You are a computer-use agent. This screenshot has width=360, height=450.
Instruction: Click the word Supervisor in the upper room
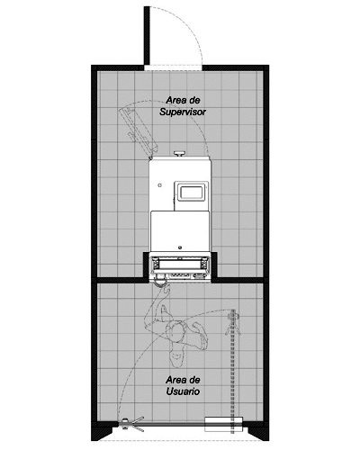coord(183,112)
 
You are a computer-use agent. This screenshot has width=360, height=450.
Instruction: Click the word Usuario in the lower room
coord(183,391)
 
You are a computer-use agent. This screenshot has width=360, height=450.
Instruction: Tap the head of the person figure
coord(177,332)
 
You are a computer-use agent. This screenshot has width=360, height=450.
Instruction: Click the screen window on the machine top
coord(192,192)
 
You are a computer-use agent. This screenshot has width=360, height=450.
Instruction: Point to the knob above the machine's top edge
coord(180,154)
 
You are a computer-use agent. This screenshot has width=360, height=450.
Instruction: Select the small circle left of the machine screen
coord(160,185)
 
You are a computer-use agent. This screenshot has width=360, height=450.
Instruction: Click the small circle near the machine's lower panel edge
coord(180,247)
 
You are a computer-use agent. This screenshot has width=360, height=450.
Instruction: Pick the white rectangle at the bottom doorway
coord(223,424)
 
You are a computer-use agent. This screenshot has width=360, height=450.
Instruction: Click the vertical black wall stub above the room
coord(147,35)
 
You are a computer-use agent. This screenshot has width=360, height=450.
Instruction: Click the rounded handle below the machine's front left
coord(160,282)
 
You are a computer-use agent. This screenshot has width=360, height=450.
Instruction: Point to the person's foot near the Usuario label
coord(176,357)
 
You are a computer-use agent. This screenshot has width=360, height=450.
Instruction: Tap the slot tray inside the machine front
coord(180,264)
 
